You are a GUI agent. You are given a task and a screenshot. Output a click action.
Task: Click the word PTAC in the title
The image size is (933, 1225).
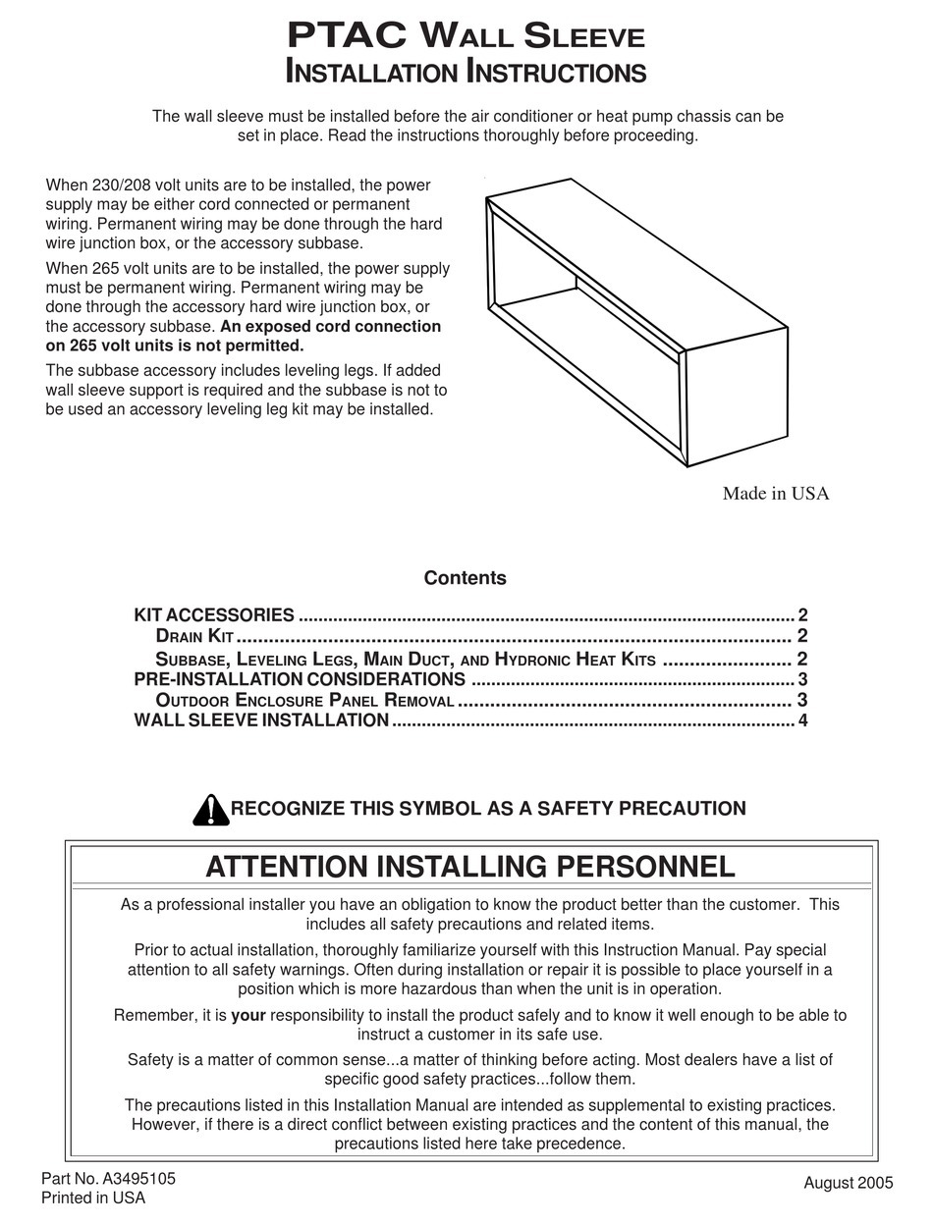pos(347,36)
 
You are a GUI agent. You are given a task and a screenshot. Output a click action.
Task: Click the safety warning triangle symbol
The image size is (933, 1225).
pos(210,809)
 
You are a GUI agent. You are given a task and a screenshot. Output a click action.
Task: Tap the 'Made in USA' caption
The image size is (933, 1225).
pos(775,494)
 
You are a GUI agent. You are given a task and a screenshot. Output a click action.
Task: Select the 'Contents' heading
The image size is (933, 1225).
pos(465,578)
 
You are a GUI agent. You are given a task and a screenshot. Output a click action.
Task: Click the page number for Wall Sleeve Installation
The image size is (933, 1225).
pos(802,721)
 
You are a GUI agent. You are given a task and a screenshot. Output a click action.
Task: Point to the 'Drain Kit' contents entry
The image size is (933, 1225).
pos(194,637)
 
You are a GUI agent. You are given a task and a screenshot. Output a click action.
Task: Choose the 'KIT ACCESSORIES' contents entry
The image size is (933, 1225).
pos(214,615)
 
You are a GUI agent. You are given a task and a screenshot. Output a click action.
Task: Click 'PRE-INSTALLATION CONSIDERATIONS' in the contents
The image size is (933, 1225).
pos(300,679)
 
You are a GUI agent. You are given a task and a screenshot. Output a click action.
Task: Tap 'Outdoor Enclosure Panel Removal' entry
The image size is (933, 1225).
pos(304,701)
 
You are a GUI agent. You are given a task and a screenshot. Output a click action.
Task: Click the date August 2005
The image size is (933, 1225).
pos(849,1183)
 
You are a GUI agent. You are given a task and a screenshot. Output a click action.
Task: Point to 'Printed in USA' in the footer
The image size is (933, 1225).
pos(92,1198)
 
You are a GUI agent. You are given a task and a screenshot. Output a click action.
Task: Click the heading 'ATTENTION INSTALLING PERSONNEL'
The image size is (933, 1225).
pos(470,867)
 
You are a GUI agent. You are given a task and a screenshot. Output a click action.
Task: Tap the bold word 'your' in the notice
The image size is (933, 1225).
pos(248,1016)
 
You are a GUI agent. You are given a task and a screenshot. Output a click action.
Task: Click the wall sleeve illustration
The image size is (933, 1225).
pos(636,324)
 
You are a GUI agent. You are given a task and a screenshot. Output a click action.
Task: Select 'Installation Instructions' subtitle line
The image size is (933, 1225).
pos(466,73)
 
